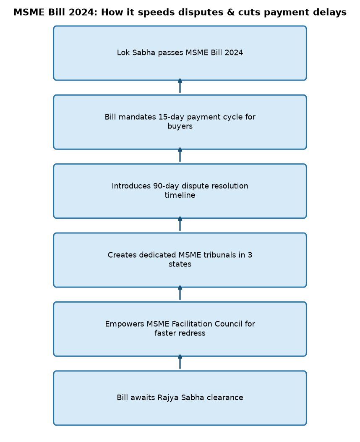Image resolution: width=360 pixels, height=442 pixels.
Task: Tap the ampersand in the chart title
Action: [x=230, y=13]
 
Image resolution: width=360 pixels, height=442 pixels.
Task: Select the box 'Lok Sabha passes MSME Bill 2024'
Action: [x=180, y=53]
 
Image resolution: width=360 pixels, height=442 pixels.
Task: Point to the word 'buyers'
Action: [x=180, y=126]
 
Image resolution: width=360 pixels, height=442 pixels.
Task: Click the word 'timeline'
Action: [x=180, y=195]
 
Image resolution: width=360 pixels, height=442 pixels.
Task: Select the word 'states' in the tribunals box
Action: [x=180, y=264]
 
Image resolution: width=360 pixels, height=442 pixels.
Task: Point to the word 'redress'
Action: [x=193, y=333]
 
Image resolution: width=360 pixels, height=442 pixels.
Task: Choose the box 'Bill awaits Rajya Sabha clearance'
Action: [x=180, y=398]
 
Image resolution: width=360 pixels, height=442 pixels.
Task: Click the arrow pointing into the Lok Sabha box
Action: [x=180, y=86]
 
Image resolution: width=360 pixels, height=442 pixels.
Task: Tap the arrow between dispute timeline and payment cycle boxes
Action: [x=180, y=155]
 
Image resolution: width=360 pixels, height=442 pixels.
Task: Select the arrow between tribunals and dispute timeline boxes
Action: [x=180, y=224]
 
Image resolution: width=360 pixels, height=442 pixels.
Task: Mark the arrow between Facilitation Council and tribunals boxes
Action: [x=180, y=293]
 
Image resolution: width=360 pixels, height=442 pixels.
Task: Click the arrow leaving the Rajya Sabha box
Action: [x=180, y=362]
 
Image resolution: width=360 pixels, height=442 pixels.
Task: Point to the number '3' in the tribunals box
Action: [x=250, y=255]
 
